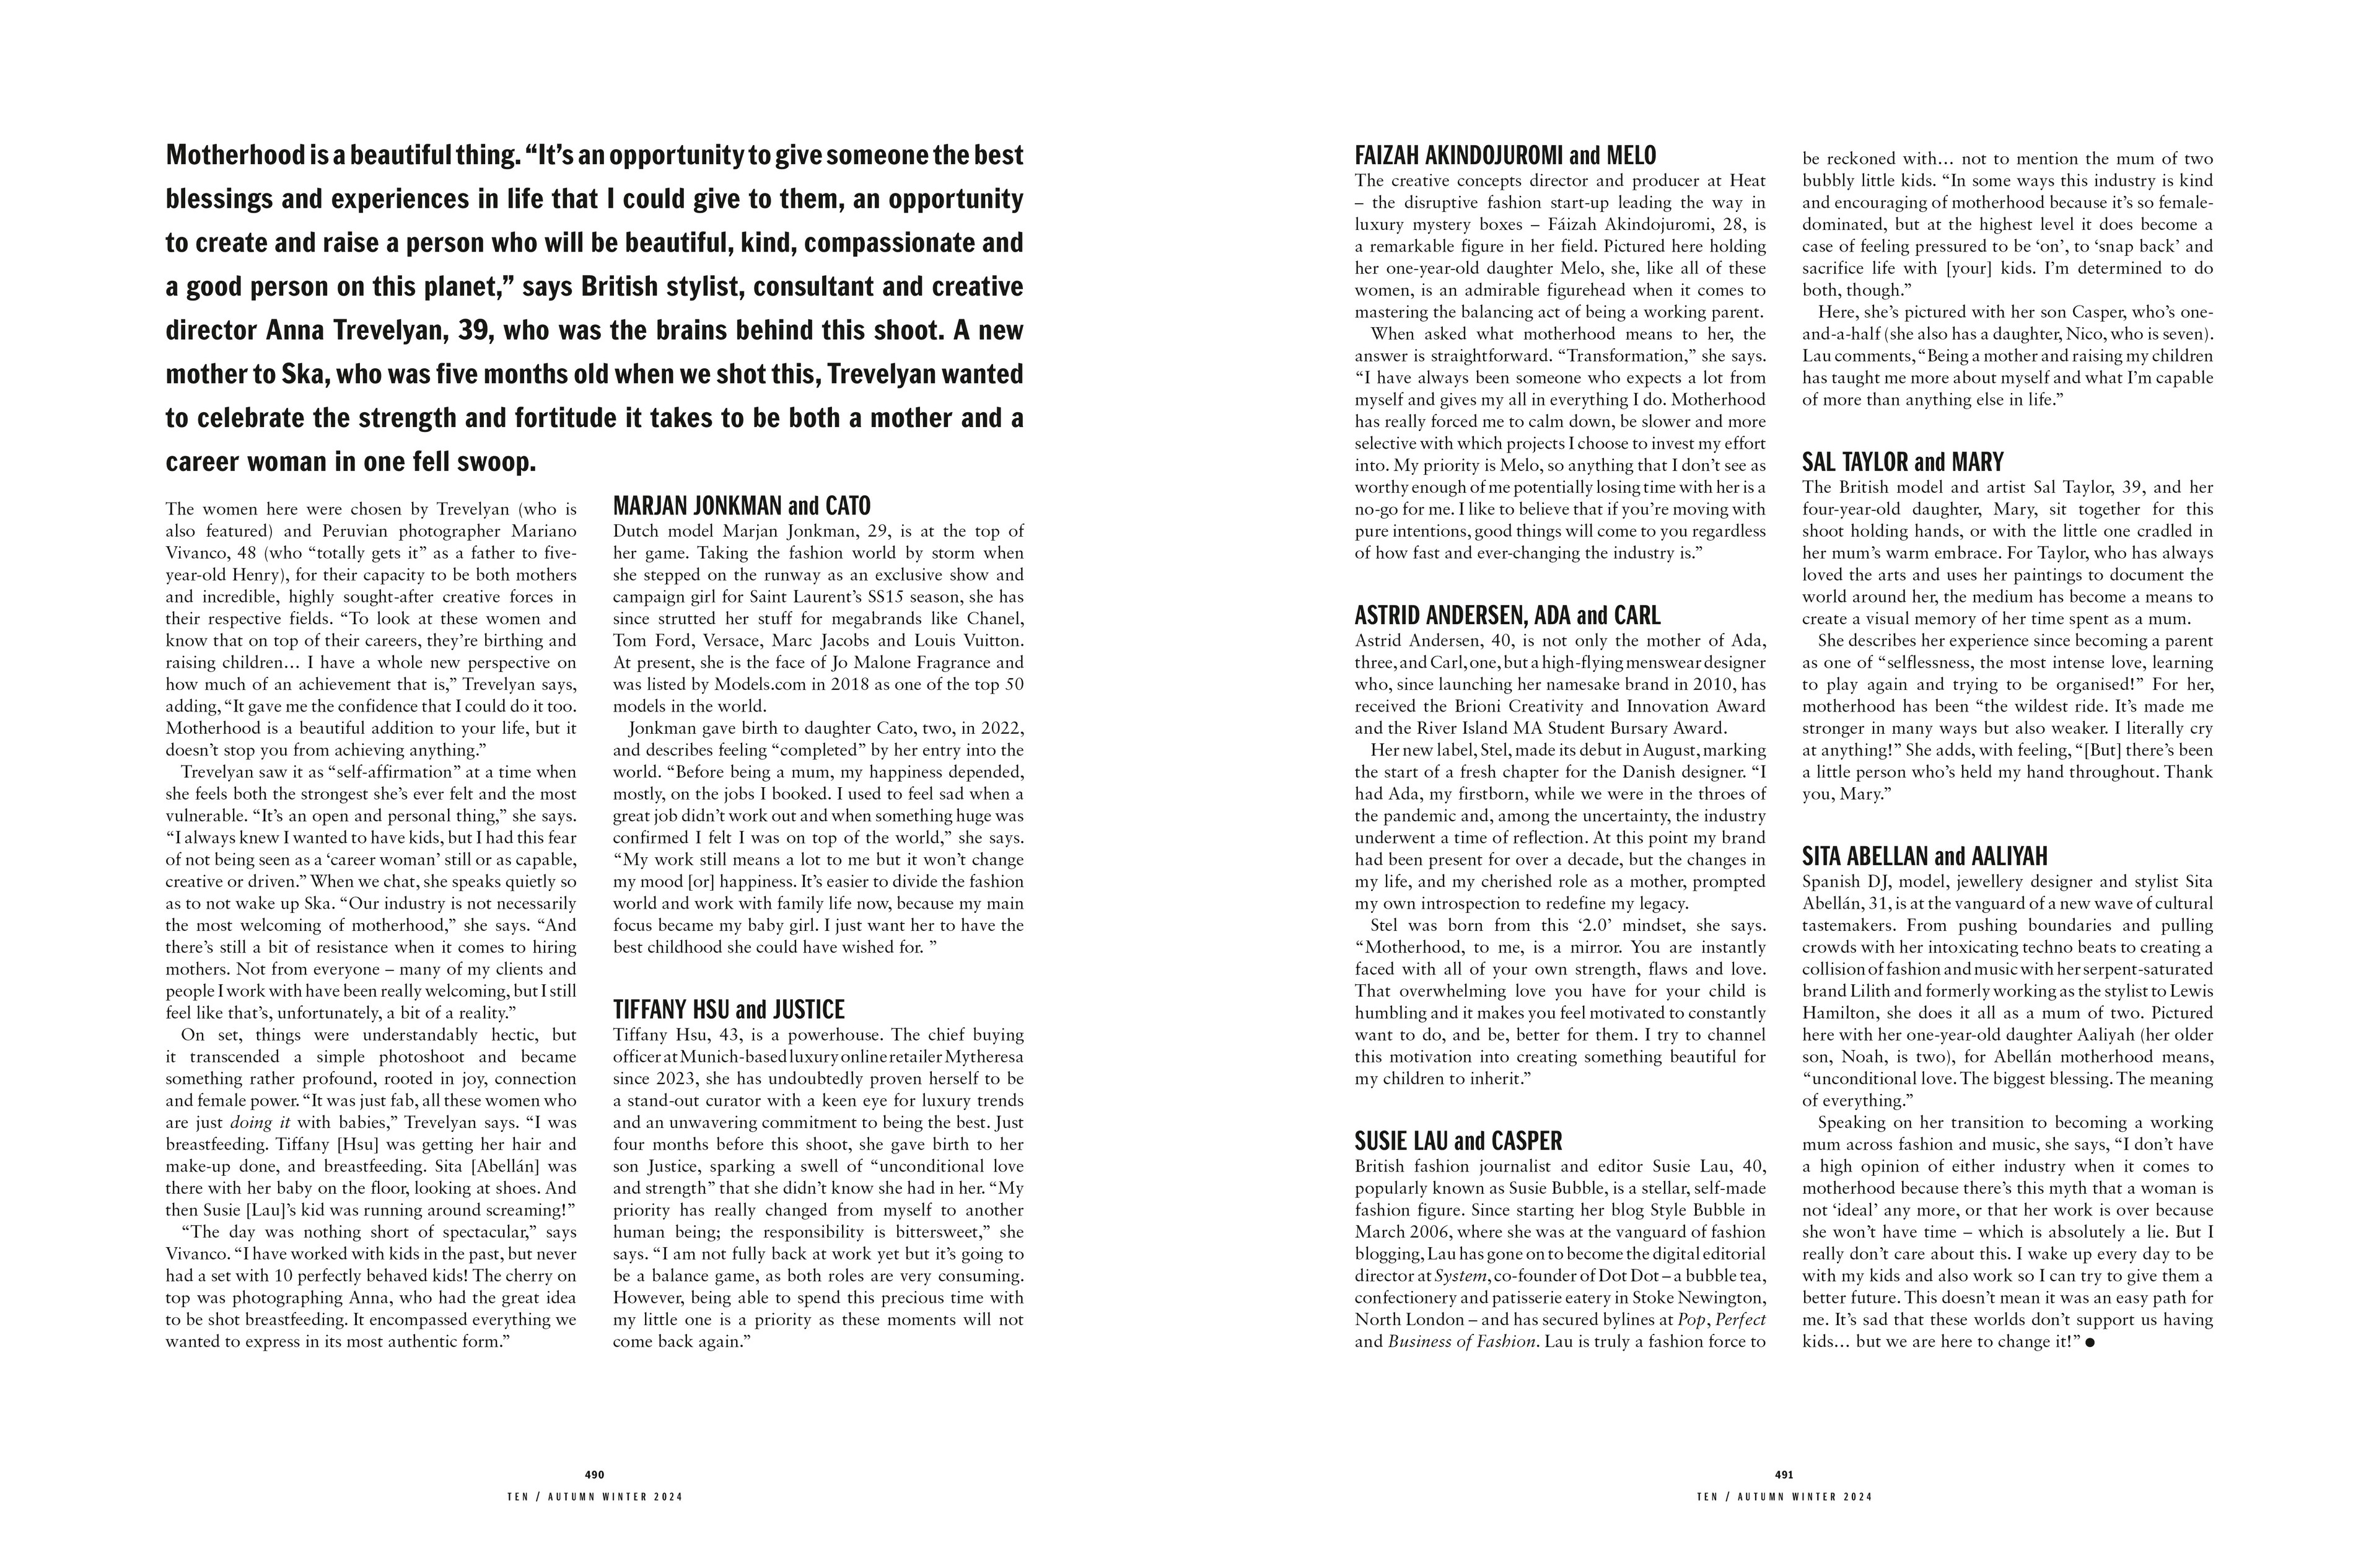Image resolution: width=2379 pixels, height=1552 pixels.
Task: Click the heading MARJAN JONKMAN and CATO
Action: click(x=741, y=506)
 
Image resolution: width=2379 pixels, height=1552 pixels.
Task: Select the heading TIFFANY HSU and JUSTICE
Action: click(x=728, y=1010)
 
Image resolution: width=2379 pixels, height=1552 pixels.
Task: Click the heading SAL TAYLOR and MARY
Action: click(x=1902, y=462)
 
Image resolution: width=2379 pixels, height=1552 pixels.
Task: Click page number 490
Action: click(x=595, y=1474)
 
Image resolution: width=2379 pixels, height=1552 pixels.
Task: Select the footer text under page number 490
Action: click(x=595, y=1497)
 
